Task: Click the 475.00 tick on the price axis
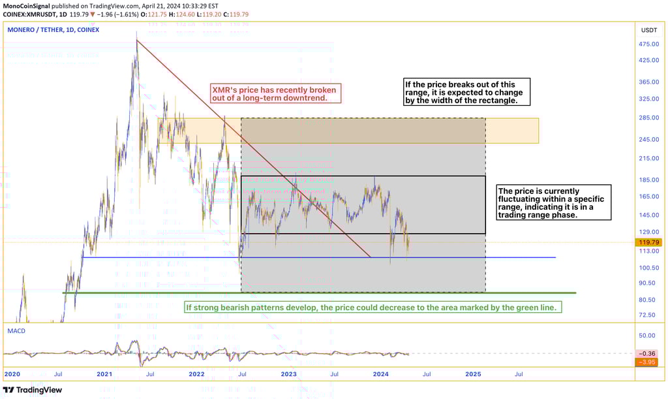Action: click(649, 44)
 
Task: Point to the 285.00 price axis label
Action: click(649, 118)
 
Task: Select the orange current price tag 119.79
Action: click(649, 242)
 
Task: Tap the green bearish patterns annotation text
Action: click(373, 307)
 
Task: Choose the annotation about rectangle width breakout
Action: click(466, 92)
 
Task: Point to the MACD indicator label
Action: click(16, 331)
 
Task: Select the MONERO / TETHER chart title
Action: click(53, 29)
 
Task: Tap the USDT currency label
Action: click(649, 30)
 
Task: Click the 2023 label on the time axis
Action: click(288, 374)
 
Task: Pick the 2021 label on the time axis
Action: click(104, 374)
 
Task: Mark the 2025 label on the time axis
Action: click(473, 374)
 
